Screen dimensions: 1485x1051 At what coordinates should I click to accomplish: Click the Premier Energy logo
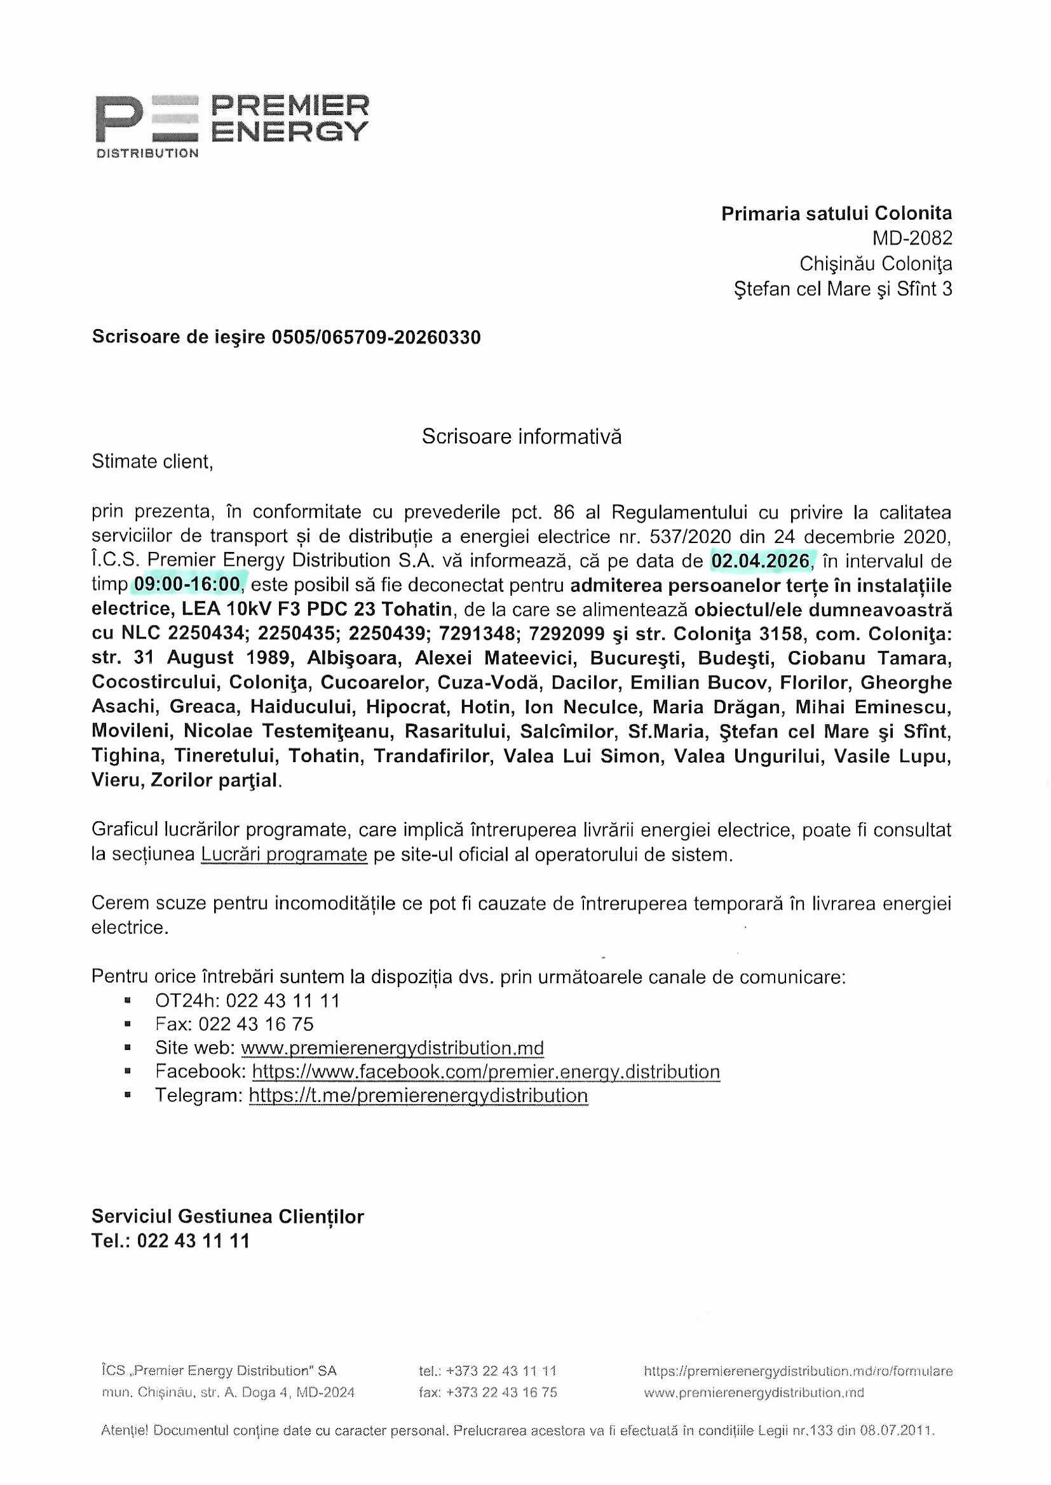click(x=232, y=125)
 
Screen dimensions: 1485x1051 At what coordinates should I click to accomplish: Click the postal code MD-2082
click(x=912, y=239)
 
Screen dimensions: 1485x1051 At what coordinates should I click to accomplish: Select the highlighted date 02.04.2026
click(x=761, y=561)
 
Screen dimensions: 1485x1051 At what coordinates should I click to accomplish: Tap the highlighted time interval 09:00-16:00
click(x=187, y=585)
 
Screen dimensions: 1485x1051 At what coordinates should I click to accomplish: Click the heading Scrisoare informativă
click(x=522, y=436)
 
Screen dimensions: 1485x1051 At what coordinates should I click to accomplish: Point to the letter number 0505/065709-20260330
click(x=376, y=337)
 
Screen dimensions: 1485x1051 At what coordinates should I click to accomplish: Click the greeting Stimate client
click(x=152, y=461)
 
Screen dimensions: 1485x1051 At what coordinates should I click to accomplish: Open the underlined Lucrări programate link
click(x=284, y=854)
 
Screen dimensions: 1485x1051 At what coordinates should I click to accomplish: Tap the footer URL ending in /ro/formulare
click(x=797, y=1371)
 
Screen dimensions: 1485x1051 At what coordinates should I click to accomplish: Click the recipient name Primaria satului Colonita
click(x=836, y=213)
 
